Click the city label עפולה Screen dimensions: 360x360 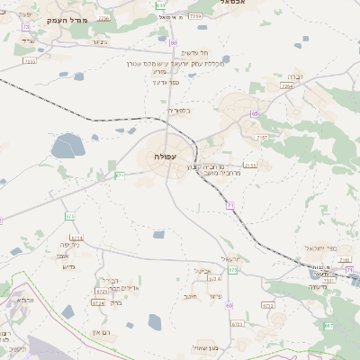pos(165,156)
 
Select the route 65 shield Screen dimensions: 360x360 pos(255,114)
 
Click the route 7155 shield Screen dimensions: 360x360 pos(249,165)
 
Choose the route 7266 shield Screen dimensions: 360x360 pos(104,18)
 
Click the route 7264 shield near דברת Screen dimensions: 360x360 pos(286,86)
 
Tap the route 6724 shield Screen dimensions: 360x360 pos(98,303)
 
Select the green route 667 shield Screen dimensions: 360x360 pos(328,326)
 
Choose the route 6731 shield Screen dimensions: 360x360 pos(238,324)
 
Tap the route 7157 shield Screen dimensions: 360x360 pos(262,138)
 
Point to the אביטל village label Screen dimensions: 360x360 pos(202,270)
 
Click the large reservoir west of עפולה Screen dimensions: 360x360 pos(67,145)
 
